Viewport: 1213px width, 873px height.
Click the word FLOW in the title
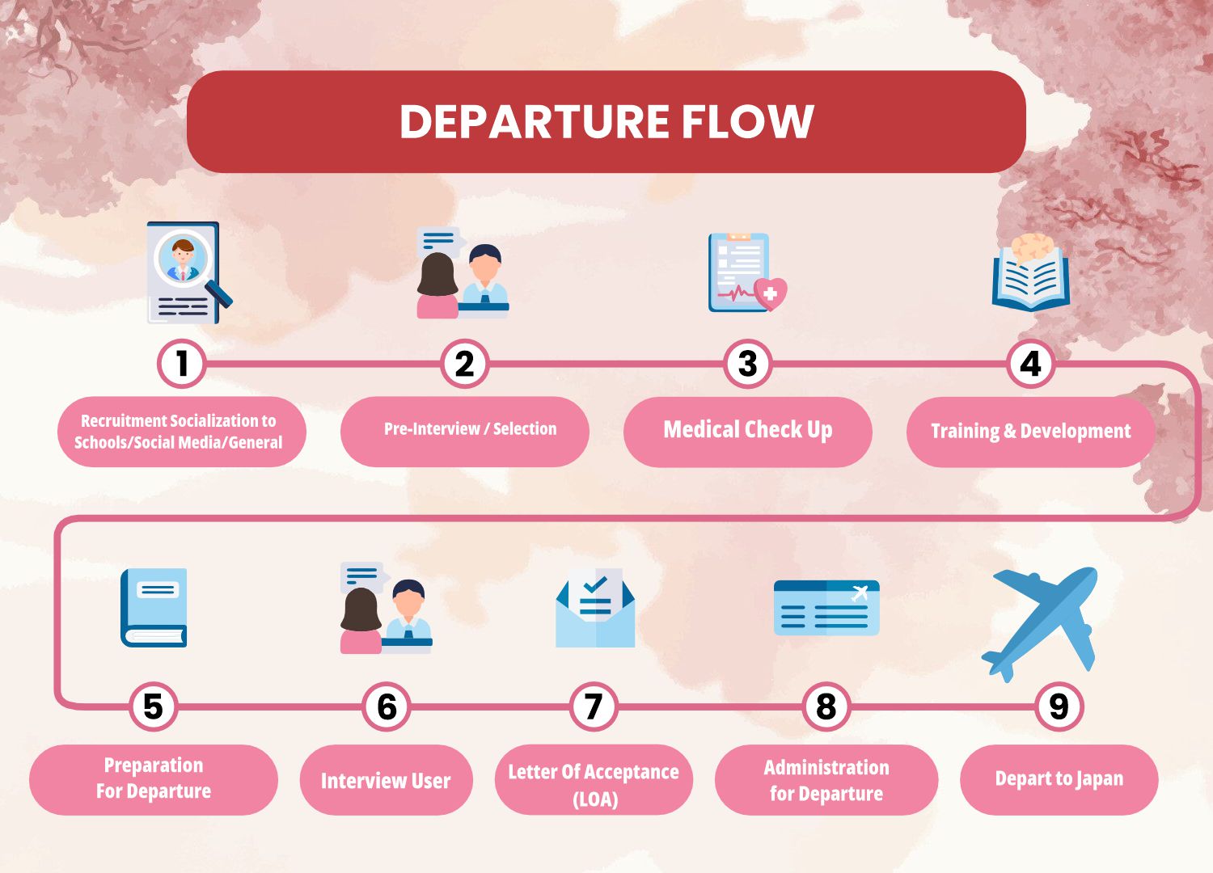click(747, 121)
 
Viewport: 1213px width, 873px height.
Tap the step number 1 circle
click(182, 364)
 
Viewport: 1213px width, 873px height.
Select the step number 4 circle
click(1030, 364)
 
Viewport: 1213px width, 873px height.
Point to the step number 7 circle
click(594, 706)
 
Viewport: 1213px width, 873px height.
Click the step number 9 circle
click(1059, 706)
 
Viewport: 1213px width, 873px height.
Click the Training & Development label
click(1031, 432)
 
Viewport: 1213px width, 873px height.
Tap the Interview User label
click(386, 780)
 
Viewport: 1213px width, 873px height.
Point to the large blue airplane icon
click(1040, 624)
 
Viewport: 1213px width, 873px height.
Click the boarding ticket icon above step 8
click(826, 607)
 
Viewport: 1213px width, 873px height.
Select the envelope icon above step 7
click(595, 607)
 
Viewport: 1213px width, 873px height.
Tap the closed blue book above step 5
click(154, 607)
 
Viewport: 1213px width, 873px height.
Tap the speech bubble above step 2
click(440, 239)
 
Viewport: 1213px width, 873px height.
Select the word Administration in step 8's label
click(826, 767)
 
